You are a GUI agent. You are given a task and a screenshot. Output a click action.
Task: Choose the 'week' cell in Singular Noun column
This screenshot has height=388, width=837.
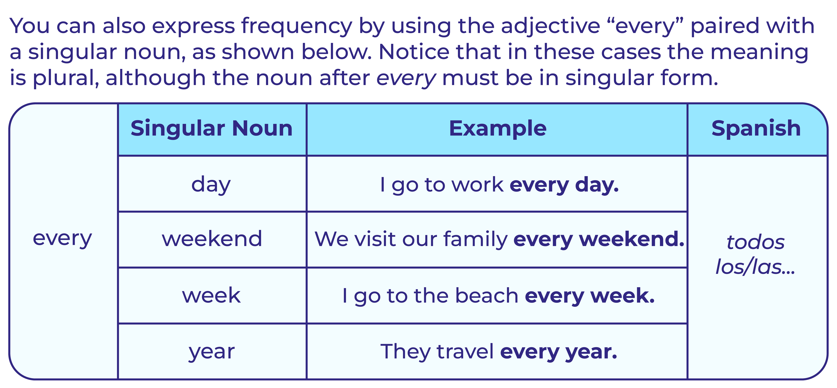212,295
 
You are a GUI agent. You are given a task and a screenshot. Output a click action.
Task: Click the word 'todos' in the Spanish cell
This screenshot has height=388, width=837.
756,242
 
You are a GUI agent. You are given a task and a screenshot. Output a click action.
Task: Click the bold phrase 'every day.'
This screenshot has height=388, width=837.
564,185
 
